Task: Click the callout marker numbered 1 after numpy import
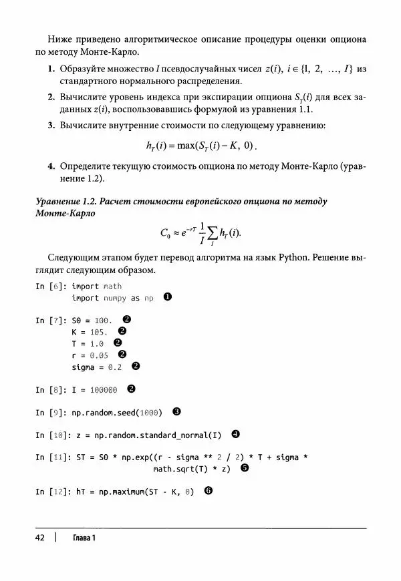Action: [x=168, y=298]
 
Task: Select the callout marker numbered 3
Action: [x=176, y=412]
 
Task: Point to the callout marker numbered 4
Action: [x=235, y=435]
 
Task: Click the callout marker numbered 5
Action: [x=245, y=468]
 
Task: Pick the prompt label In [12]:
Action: [x=52, y=491]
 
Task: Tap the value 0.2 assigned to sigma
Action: [x=115, y=367]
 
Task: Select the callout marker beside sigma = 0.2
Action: [x=135, y=366]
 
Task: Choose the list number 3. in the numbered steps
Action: [x=51, y=124]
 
